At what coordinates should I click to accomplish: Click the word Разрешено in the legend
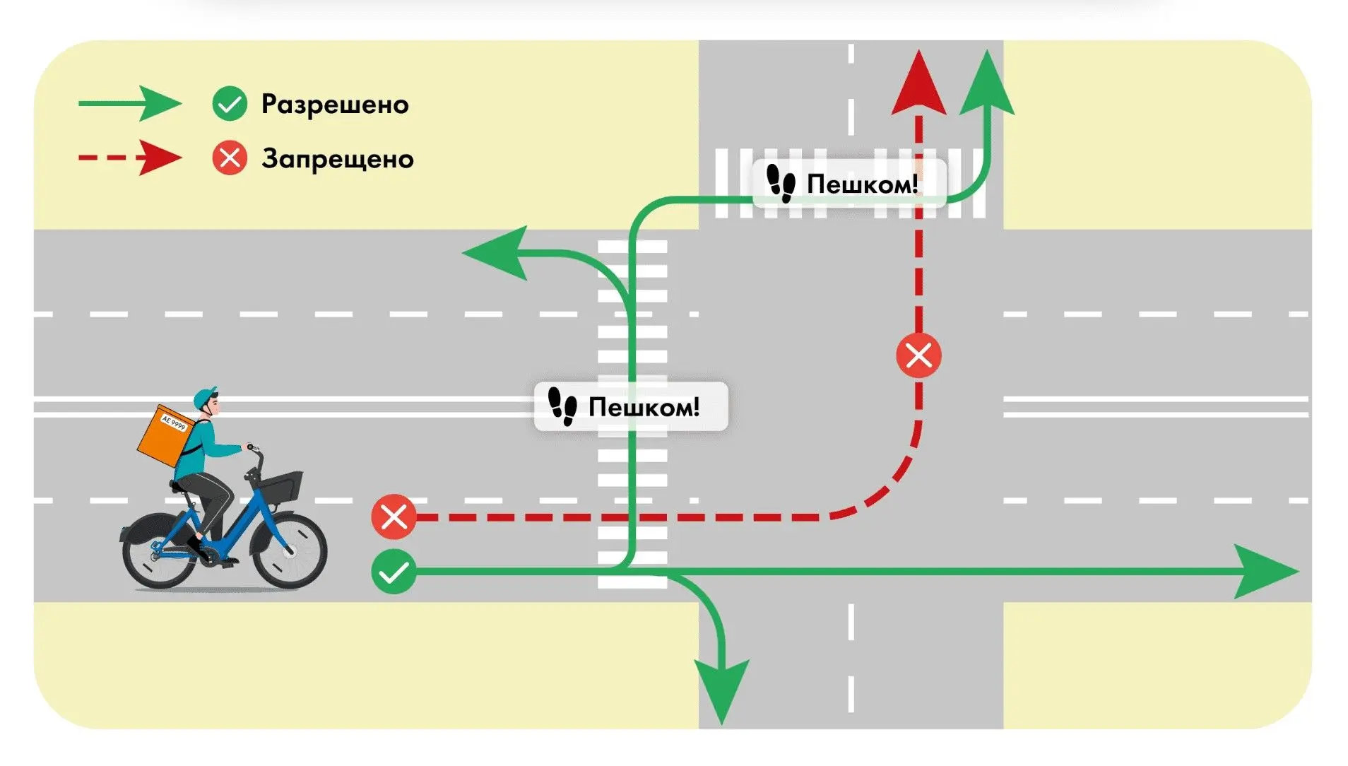coord(335,105)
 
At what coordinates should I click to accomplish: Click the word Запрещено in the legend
coord(338,159)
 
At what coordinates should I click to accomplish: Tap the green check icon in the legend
coord(230,105)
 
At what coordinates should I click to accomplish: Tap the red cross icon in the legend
coord(230,158)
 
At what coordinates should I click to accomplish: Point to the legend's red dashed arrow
coord(130,158)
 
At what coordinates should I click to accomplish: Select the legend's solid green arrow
coord(130,104)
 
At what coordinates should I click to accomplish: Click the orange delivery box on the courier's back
coord(165,436)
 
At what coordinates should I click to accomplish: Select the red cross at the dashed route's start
coord(394,517)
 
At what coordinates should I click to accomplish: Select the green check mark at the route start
coord(394,572)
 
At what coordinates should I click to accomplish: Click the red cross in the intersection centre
coord(918,355)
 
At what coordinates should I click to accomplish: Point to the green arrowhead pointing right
coord(1266,572)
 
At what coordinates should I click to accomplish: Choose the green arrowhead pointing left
coord(495,252)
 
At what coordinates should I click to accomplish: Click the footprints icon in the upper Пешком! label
coord(781,184)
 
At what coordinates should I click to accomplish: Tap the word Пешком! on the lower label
coord(644,408)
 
